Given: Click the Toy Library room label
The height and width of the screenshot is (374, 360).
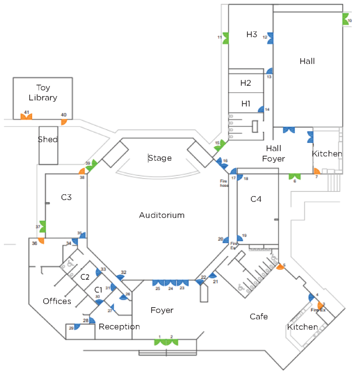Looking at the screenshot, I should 43,92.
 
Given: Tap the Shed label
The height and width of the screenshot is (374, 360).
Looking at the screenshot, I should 48,140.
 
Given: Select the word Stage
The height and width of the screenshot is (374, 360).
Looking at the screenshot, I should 160,158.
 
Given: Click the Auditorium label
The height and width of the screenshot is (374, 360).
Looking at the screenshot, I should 162,215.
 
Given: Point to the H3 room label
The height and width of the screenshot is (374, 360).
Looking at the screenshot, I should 251,35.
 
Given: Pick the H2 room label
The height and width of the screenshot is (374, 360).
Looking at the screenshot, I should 246,83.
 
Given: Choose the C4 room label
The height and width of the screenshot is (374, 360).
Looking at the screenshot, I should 256,199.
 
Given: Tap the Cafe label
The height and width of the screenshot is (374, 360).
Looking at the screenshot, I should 259,316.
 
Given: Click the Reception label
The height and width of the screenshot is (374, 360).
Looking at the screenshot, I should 120,327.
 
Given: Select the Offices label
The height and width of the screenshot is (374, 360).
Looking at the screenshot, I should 57,301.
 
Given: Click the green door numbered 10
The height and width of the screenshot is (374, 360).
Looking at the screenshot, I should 345,19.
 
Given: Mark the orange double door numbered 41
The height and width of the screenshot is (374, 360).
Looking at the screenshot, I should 26,117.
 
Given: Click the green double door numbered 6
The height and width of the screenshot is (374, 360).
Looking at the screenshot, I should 294,177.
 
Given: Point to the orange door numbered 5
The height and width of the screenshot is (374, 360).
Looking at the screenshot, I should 280,267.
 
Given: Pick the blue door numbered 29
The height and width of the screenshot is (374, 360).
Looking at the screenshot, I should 77,327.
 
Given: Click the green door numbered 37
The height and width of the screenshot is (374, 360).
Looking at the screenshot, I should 42,227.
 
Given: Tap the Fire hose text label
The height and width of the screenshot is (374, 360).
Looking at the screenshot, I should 224,183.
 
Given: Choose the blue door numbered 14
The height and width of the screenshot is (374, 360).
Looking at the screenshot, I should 261,109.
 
